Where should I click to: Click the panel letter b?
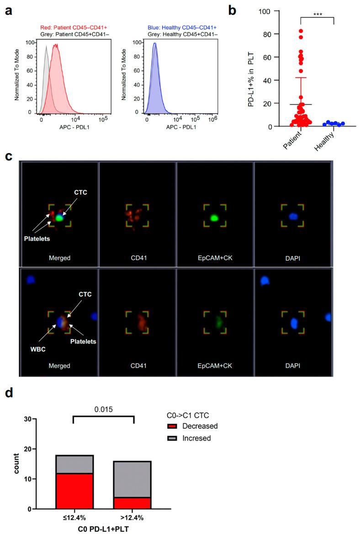[x=233, y=11]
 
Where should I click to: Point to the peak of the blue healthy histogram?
[x=154, y=44]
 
